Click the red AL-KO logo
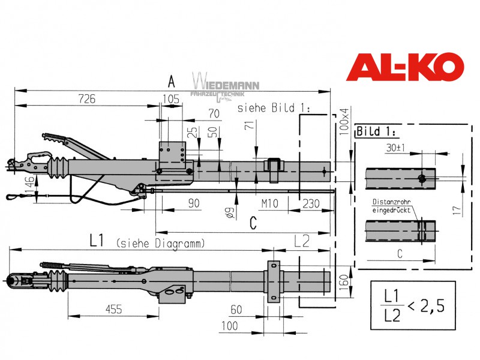[404, 67]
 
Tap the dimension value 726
[86, 99]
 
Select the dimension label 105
[171, 99]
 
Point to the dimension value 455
[113, 309]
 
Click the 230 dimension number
[311, 203]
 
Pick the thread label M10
[269, 203]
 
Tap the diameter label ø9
[230, 213]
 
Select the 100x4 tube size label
[344, 121]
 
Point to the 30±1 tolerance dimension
[396, 148]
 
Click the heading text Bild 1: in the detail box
[376, 131]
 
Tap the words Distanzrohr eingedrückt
[391, 206]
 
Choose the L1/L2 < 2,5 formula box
[413, 305]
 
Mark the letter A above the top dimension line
[172, 82]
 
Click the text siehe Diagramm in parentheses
[160, 244]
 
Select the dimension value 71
[250, 124]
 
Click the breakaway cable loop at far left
[14, 196]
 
